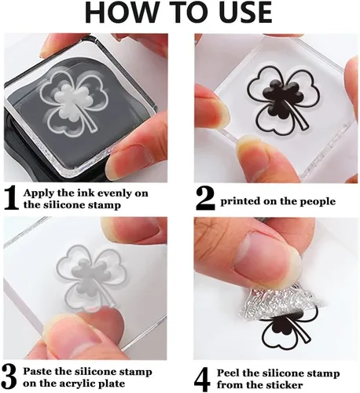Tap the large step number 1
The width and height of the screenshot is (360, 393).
12,199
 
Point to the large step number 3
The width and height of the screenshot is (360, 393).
9,377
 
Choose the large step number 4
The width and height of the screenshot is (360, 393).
203,379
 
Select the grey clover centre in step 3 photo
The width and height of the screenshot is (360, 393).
84,276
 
